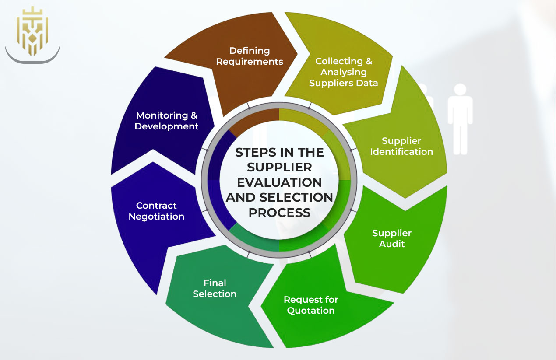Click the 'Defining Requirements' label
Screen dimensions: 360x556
click(250, 56)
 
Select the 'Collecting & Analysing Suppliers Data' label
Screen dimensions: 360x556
click(344, 72)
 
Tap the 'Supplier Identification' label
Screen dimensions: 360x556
click(401, 146)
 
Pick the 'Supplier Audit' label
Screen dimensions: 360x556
click(392, 238)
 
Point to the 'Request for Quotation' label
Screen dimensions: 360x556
click(310, 305)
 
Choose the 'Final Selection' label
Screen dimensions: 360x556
click(215, 288)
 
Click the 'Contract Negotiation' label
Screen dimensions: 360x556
click(156, 211)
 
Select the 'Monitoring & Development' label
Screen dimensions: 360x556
click(166, 121)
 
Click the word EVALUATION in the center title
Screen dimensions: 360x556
click(279, 182)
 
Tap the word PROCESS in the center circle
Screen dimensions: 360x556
click(279, 212)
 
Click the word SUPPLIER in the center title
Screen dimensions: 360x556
click(279, 167)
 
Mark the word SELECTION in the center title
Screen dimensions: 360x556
click(297, 197)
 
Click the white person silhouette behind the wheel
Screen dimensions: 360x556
click(460, 118)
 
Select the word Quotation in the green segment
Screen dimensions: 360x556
click(310, 311)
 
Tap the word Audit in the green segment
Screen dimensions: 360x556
click(392, 244)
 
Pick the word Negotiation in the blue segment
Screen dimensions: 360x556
click(156, 217)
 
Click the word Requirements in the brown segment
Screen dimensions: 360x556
click(250, 62)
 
